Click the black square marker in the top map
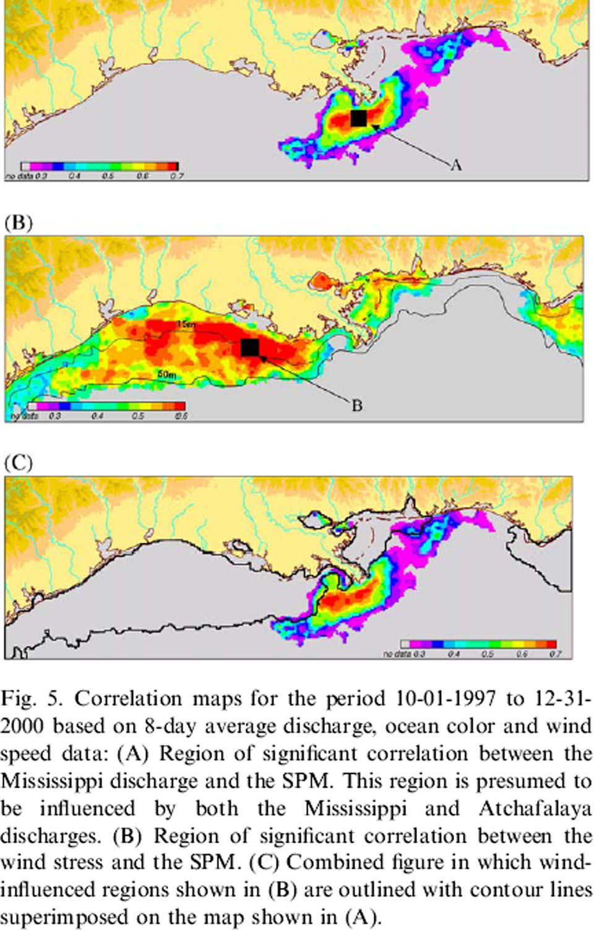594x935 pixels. pyautogui.click(x=358, y=118)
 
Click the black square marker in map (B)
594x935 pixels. pyautogui.click(x=249, y=348)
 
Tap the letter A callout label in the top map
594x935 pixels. pyautogui.click(x=456, y=165)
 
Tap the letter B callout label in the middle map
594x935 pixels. pyautogui.click(x=356, y=405)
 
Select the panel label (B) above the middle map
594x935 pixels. pyautogui.click(x=18, y=222)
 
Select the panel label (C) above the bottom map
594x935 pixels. pyautogui.click(x=18, y=462)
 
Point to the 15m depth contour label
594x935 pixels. pyautogui.click(x=186, y=324)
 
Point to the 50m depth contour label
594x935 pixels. pyautogui.click(x=165, y=374)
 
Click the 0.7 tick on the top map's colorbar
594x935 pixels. pyautogui.click(x=176, y=176)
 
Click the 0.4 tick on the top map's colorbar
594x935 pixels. pyautogui.click(x=74, y=176)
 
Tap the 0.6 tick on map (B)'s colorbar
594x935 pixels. pyautogui.click(x=180, y=416)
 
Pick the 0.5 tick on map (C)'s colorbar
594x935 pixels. pyautogui.click(x=487, y=654)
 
